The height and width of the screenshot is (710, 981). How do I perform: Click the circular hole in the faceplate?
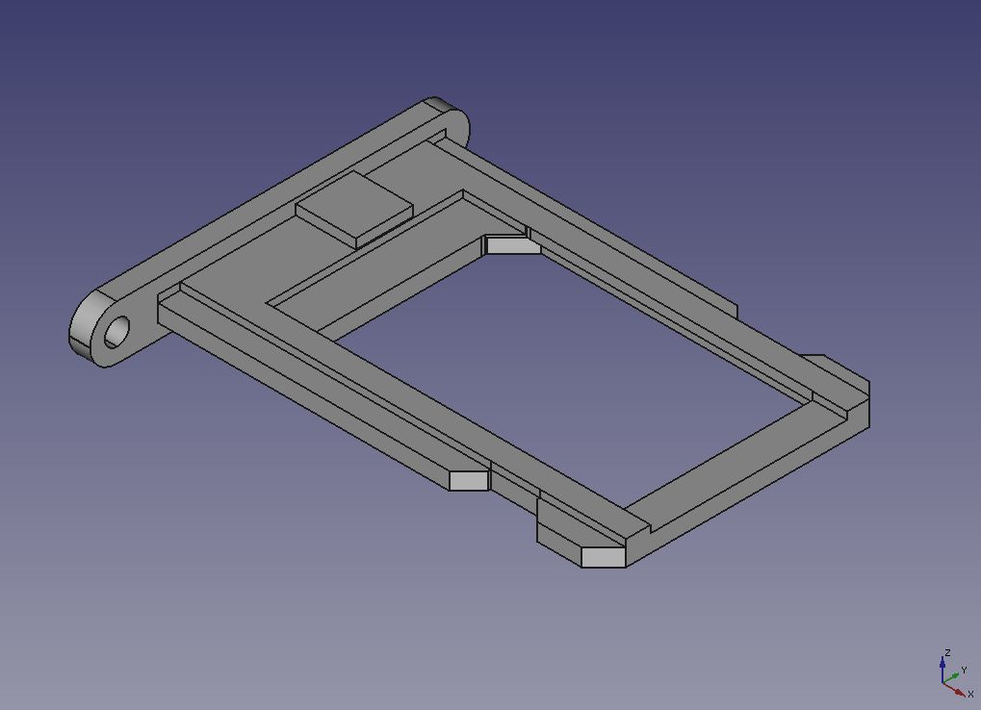pos(116,332)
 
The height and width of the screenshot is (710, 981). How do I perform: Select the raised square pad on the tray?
pos(354,209)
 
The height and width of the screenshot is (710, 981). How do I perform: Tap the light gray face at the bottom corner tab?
pos(603,557)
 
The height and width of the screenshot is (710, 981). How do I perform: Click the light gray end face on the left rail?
pos(469,481)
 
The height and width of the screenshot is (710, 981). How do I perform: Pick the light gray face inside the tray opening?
pos(513,245)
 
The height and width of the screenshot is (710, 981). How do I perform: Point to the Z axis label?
pos(948,653)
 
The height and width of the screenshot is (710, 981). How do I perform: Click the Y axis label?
pos(964,670)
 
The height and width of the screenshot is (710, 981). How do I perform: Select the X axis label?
pos(970,694)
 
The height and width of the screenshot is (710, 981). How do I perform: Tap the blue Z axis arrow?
pos(942,670)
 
